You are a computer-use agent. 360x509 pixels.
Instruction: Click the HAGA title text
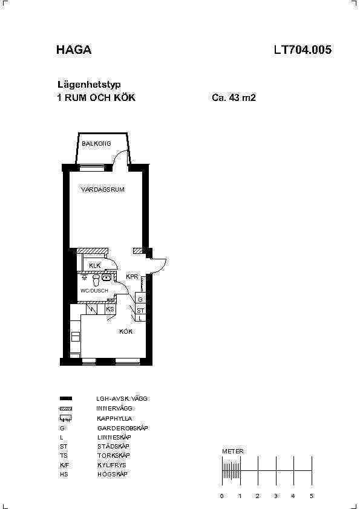click(x=74, y=50)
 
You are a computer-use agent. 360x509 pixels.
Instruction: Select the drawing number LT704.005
click(x=303, y=50)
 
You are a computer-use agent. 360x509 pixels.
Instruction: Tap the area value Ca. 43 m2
click(x=234, y=97)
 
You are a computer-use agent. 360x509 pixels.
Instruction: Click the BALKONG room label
click(x=96, y=143)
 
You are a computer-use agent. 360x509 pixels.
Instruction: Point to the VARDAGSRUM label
click(x=103, y=190)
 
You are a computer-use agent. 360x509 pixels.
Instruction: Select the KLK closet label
click(x=94, y=265)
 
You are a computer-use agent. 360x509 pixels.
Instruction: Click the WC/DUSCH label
click(x=94, y=291)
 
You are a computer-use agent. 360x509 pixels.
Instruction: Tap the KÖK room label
click(x=126, y=331)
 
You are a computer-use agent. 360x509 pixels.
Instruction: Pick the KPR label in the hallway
click(x=133, y=277)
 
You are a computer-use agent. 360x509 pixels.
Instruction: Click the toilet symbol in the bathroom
click(x=96, y=280)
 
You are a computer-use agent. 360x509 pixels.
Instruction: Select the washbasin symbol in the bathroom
click(x=106, y=277)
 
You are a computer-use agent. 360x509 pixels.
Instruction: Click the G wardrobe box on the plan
click(x=140, y=300)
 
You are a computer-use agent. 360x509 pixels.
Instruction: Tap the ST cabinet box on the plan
click(x=140, y=310)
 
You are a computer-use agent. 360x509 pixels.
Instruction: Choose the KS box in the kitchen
click(x=110, y=310)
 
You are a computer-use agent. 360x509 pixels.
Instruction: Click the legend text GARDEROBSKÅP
click(x=122, y=428)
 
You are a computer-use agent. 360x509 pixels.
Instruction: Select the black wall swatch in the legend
click(x=65, y=398)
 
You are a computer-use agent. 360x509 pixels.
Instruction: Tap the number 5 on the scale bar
click(x=312, y=496)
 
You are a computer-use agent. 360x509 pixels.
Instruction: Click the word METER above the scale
click(x=233, y=451)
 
